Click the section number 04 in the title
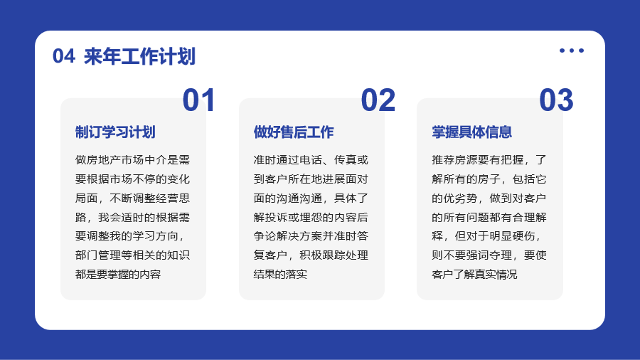pyautogui.click(x=64, y=56)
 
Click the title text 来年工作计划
pyautogui.click(x=139, y=56)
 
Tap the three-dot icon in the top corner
pyautogui.click(x=572, y=51)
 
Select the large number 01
pyautogui.click(x=199, y=100)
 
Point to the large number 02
pyautogui.click(x=378, y=100)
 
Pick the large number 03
pyautogui.click(x=556, y=100)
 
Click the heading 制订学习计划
pyautogui.click(x=115, y=132)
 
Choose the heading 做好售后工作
pyautogui.click(x=294, y=132)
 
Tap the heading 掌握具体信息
pyautogui.click(x=472, y=132)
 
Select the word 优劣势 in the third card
pyautogui.click(x=460, y=198)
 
